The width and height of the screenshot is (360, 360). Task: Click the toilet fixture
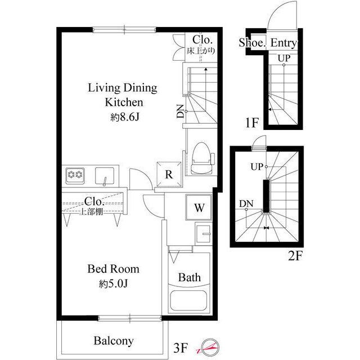202,159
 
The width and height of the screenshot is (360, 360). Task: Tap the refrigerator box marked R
169,174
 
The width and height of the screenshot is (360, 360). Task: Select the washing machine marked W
199,208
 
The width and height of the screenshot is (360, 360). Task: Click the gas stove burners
75,175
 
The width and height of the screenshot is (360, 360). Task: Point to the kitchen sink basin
105,176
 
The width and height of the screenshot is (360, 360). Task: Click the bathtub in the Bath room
189,301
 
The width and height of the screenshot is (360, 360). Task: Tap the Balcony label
114,341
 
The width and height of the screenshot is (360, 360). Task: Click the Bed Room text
114,269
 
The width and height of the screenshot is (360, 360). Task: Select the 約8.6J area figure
125,118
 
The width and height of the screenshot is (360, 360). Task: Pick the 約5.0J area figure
113,284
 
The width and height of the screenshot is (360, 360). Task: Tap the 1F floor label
252,123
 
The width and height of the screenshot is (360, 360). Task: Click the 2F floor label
295,256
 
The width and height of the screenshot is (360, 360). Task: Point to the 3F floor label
181,348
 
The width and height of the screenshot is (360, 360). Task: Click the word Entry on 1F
283,43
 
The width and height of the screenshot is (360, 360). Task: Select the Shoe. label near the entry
252,43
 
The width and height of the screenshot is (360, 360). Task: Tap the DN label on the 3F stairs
181,111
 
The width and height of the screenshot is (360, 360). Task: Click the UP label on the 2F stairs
257,166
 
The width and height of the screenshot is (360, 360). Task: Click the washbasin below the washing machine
203,234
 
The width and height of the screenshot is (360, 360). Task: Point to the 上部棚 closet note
91,211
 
